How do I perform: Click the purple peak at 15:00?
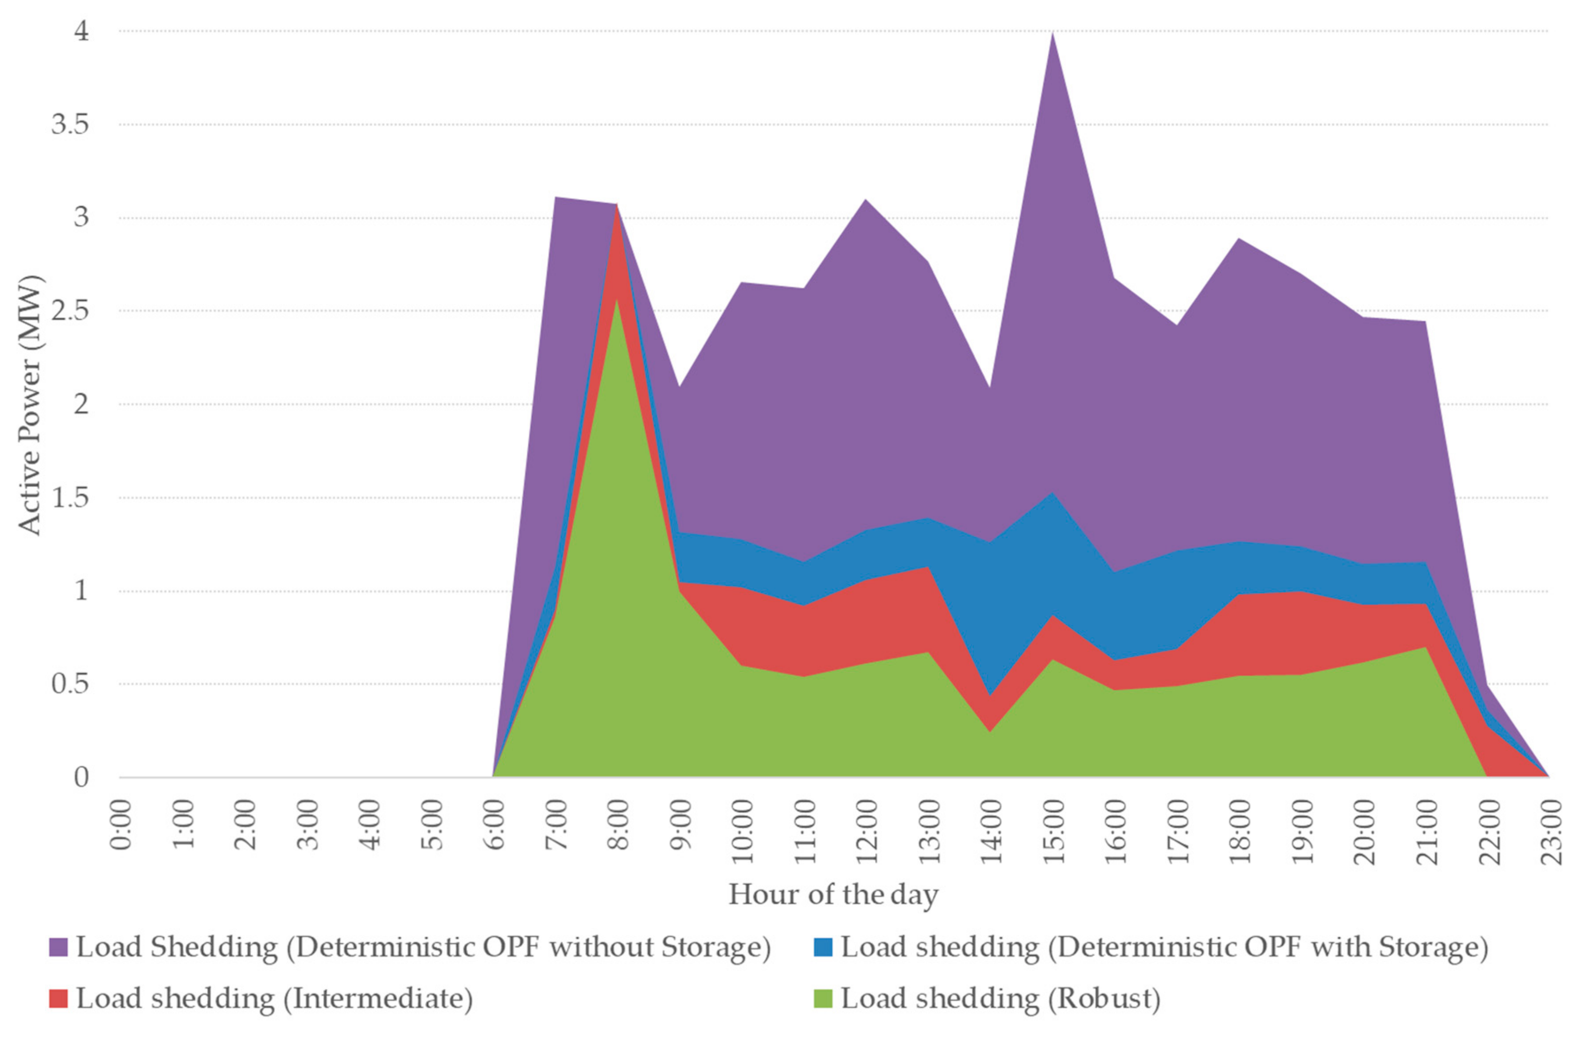pyautogui.click(x=1052, y=34)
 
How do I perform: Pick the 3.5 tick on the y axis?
pyautogui.click(x=70, y=124)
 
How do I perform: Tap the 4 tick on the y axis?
pyautogui.click(x=81, y=31)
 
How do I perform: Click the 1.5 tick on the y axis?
pyautogui.click(x=70, y=497)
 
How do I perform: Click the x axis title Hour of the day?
pyautogui.click(x=833, y=895)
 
